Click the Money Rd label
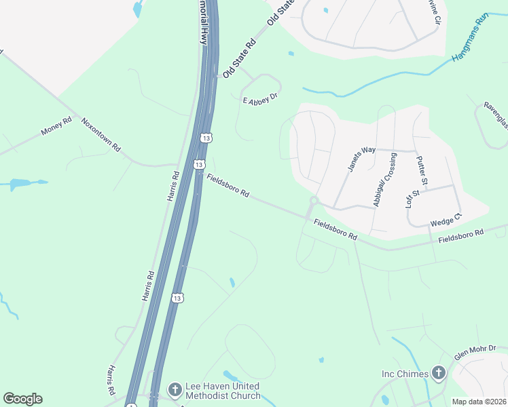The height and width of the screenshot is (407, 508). [56, 126]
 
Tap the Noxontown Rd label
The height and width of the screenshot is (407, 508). [101, 134]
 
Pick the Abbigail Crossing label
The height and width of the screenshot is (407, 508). [384, 180]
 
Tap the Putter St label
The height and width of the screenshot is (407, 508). [421, 170]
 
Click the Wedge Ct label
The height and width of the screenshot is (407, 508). [446, 219]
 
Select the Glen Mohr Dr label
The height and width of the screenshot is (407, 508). [480, 352]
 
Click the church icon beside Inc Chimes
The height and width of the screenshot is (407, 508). [439, 373]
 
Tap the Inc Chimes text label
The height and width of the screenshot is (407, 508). [405, 374]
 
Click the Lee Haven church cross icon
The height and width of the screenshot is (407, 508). [175, 389]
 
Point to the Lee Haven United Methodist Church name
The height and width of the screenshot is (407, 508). [223, 391]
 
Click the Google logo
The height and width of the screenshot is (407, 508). [22, 399]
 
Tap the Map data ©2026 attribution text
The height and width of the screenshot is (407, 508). [478, 402]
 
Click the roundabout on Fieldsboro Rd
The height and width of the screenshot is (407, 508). [314, 201]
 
